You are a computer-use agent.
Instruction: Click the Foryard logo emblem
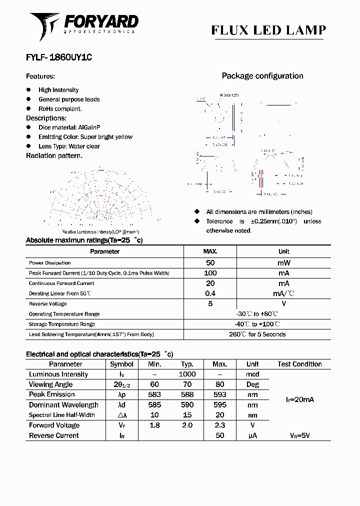tap(44, 26)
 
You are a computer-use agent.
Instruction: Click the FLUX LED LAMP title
tap(268, 30)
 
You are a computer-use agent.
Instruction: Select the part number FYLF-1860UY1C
tap(58, 57)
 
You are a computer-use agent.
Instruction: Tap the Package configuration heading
tap(262, 76)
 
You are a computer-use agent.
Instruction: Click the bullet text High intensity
tap(58, 90)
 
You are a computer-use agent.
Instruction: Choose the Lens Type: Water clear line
tap(69, 146)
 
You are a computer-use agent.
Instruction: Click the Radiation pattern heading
tap(54, 155)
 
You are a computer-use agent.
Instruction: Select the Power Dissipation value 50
tap(210, 262)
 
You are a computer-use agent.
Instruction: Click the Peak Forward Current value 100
tap(210, 273)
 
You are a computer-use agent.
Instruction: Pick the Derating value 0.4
tap(210, 293)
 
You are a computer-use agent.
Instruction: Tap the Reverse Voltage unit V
tap(283, 303)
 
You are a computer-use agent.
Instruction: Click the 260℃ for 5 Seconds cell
tap(257, 334)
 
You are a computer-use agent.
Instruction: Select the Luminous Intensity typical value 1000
tap(187, 374)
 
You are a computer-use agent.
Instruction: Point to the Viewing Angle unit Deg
tap(252, 384)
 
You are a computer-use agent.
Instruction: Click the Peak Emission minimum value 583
tap(154, 394)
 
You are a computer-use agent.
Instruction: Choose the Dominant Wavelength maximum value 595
tap(219, 405)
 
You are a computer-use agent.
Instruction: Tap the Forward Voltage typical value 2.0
tap(187, 425)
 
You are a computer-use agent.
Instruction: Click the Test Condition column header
tap(299, 364)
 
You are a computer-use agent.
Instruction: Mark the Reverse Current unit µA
tap(252, 435)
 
